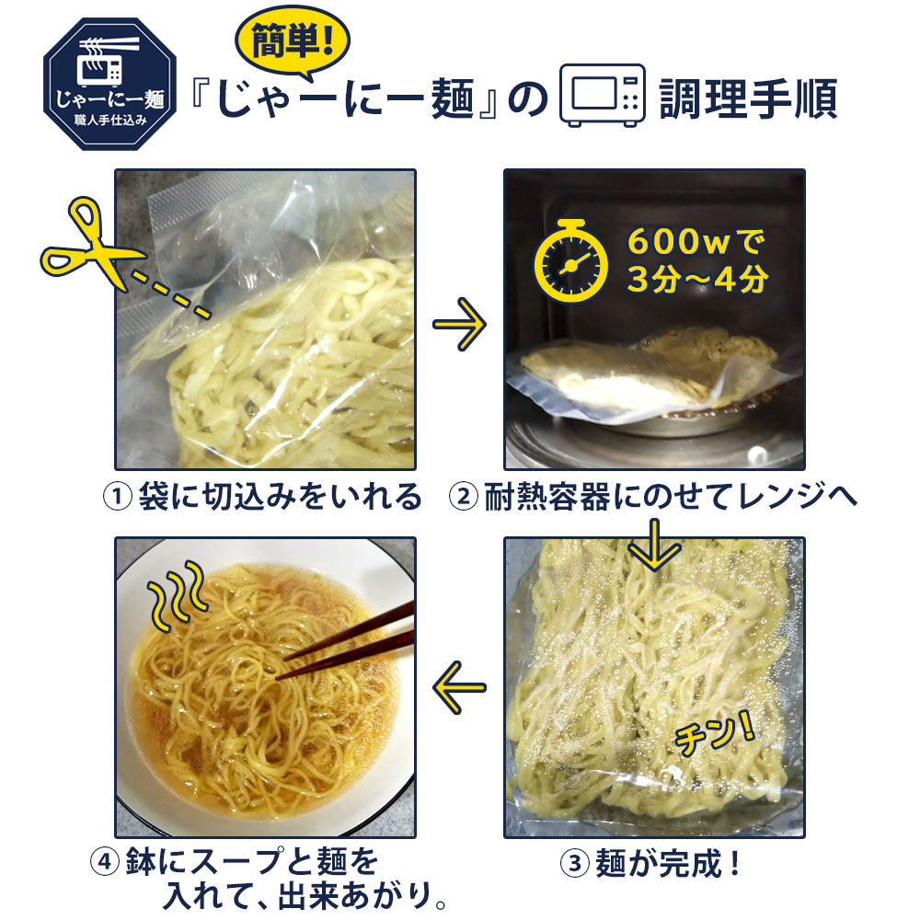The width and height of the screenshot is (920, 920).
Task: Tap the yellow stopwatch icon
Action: pyautogui.click(x=570, y=260)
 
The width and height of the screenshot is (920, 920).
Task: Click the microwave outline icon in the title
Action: pyautogui.click(x=602, y=95)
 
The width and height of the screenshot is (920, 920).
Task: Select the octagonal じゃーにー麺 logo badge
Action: pyautogui.click(x=109, y=84)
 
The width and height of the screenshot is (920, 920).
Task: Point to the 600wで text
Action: pyautogui.click(x=696, y=242)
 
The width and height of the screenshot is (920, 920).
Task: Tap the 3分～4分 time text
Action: pyautogui.click(x=697, y=279)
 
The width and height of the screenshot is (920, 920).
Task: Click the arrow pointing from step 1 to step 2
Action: pyautogui.click(x=459, y=325)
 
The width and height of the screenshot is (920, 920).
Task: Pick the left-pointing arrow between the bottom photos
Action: pyautogui.click(x=459, y=687)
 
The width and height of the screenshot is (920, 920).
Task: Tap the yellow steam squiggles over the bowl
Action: pyautogui.click(x=177, y=595)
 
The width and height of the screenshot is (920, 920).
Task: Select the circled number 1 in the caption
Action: pyautogui.click(x=118, y=497)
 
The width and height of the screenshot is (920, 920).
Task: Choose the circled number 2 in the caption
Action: pyautogui.click(x=464, y=497)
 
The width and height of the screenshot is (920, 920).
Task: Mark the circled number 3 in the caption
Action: pyautogui.click(x=575, y=863)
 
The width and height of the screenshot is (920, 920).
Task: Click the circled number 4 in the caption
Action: pyautogui.click(x=105, y=862)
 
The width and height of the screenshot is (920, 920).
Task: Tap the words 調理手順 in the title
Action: pyautogui.click(x=749, y=98)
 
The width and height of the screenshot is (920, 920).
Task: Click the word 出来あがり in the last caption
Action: pyautogui.click(x=353, y=896)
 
